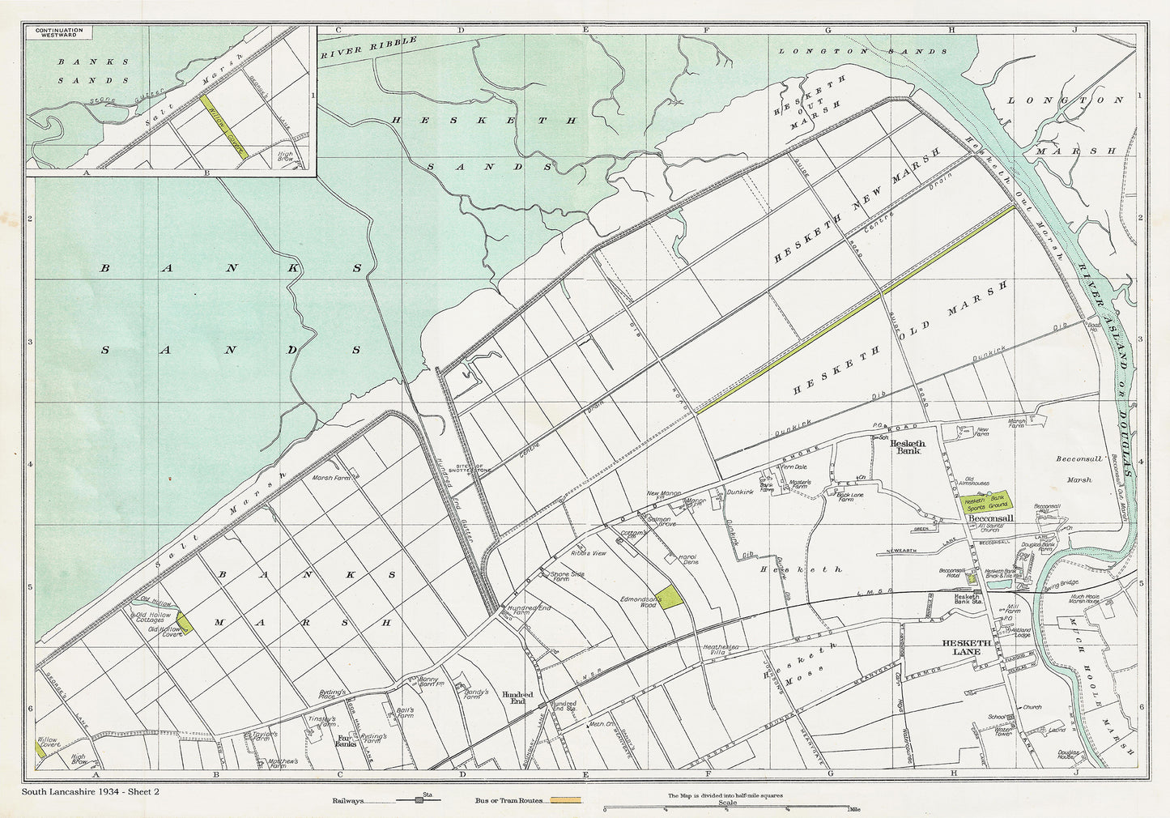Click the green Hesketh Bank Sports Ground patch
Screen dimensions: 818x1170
[x=985, y=501]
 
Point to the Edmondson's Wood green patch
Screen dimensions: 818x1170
[x=670, y=597]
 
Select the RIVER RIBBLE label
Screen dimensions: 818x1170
[x=368, y=48]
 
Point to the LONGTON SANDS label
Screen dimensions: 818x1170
[x=862, y=51]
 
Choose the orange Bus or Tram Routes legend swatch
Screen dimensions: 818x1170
[x=566, y=800]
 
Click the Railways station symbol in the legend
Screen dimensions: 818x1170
[x=419, y=800]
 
